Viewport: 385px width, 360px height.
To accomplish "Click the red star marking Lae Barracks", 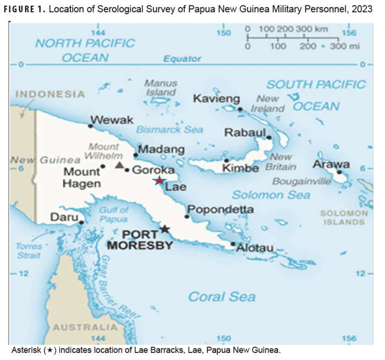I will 159,181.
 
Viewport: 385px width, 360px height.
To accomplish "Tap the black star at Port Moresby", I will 164,229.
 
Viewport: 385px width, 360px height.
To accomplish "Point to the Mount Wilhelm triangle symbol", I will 119,165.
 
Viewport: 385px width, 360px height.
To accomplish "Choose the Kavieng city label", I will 217,99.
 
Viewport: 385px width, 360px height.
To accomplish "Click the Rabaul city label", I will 245,133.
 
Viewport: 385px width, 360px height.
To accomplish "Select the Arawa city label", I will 331,164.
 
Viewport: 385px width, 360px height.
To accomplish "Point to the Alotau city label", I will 255,248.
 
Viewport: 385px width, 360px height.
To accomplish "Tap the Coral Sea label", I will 222,297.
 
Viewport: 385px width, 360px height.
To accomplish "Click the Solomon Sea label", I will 271,195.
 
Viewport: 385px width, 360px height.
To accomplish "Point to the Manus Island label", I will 161,87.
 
